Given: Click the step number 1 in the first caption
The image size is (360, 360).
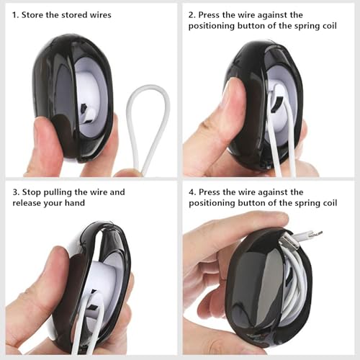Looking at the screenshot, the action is pyautogui.click(x=15, y=15).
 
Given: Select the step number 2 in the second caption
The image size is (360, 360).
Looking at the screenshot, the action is pyautogui.click(x=192, y=15).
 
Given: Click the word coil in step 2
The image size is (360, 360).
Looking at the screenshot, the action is pyautogui.click(x=330, y=26).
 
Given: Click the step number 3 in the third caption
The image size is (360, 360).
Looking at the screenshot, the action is pyautogui.click(x=16, y=192).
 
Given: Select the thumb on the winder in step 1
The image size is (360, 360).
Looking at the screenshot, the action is pyautogui.click(x=45, y=142).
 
